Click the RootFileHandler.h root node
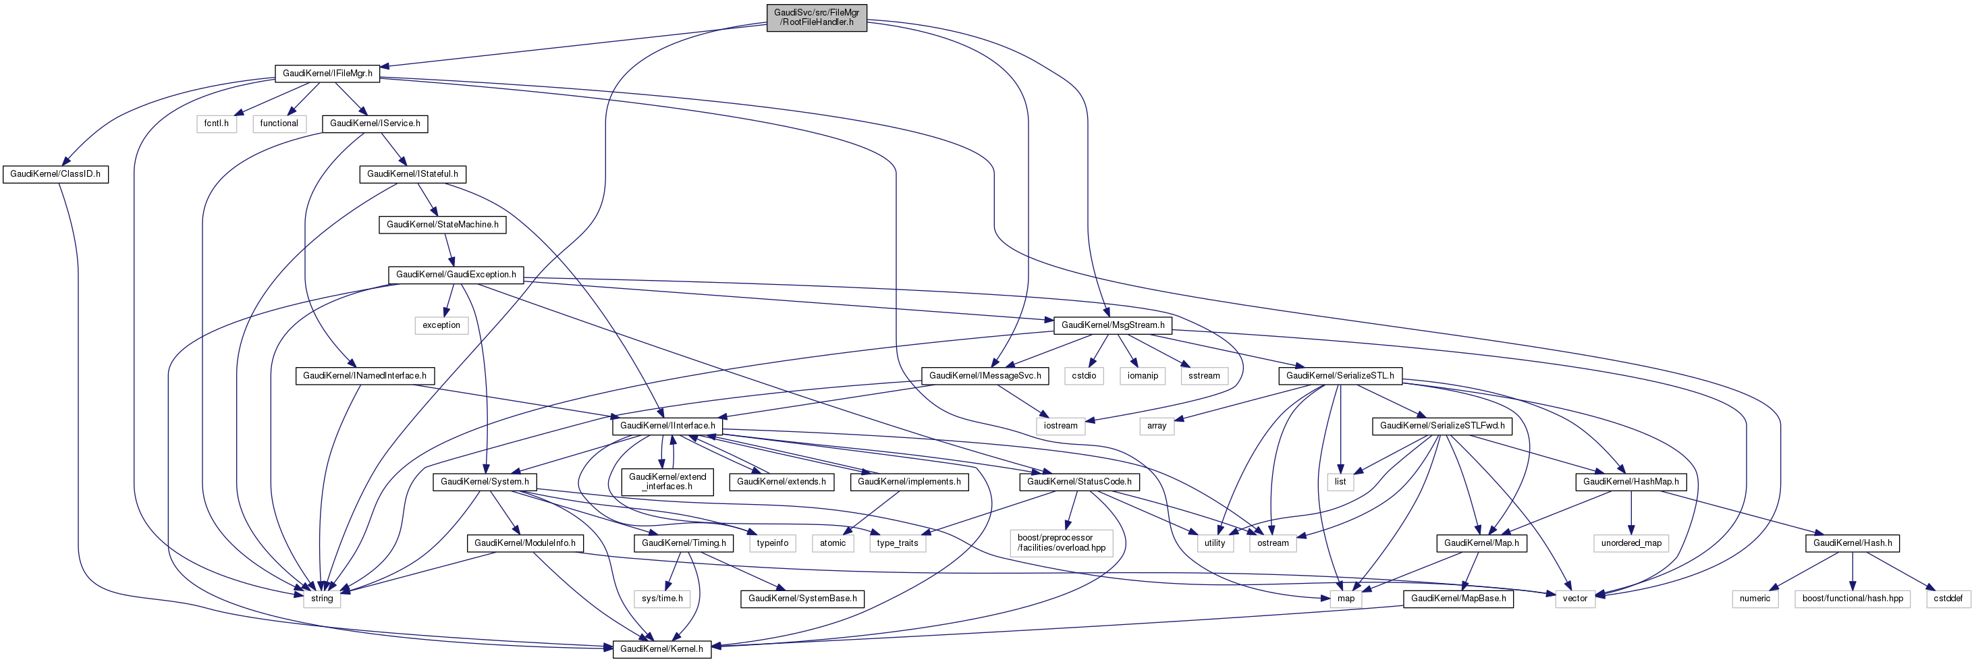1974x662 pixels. click(x=816, y=17)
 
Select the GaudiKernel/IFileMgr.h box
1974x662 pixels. click(x=327, y=74)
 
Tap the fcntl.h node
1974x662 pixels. click(x=216, y=123)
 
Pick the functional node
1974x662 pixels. click(x=279, y=123)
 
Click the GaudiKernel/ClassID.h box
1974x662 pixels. click(x=55, y=174)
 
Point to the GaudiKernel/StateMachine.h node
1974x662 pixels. click(x=442, y=225)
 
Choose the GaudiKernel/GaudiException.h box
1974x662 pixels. click(x=456, y=274)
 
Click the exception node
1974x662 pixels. click(x=441, y=325)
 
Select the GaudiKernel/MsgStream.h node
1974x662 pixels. click(x=1113, y=325)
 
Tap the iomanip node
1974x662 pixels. click(x=1143, y=375)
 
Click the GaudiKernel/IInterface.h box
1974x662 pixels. click(x=667, y=425)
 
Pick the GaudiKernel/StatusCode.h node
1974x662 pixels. click(x=1079, y=481)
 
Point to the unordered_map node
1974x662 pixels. click(x=1630, y=543)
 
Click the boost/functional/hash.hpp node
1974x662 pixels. click(x=1852, y=598)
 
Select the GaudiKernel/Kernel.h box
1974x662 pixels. click(x=661, y=649)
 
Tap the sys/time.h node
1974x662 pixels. click(x=662, y=598)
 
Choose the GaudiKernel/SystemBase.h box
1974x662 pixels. click(x=802, y=598)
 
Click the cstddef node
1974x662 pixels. click(x=1947, y=598)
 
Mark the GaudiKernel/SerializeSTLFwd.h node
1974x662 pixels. click(x=1442, y=425)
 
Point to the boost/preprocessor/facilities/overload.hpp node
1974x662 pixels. click(x=1062, y=543)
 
